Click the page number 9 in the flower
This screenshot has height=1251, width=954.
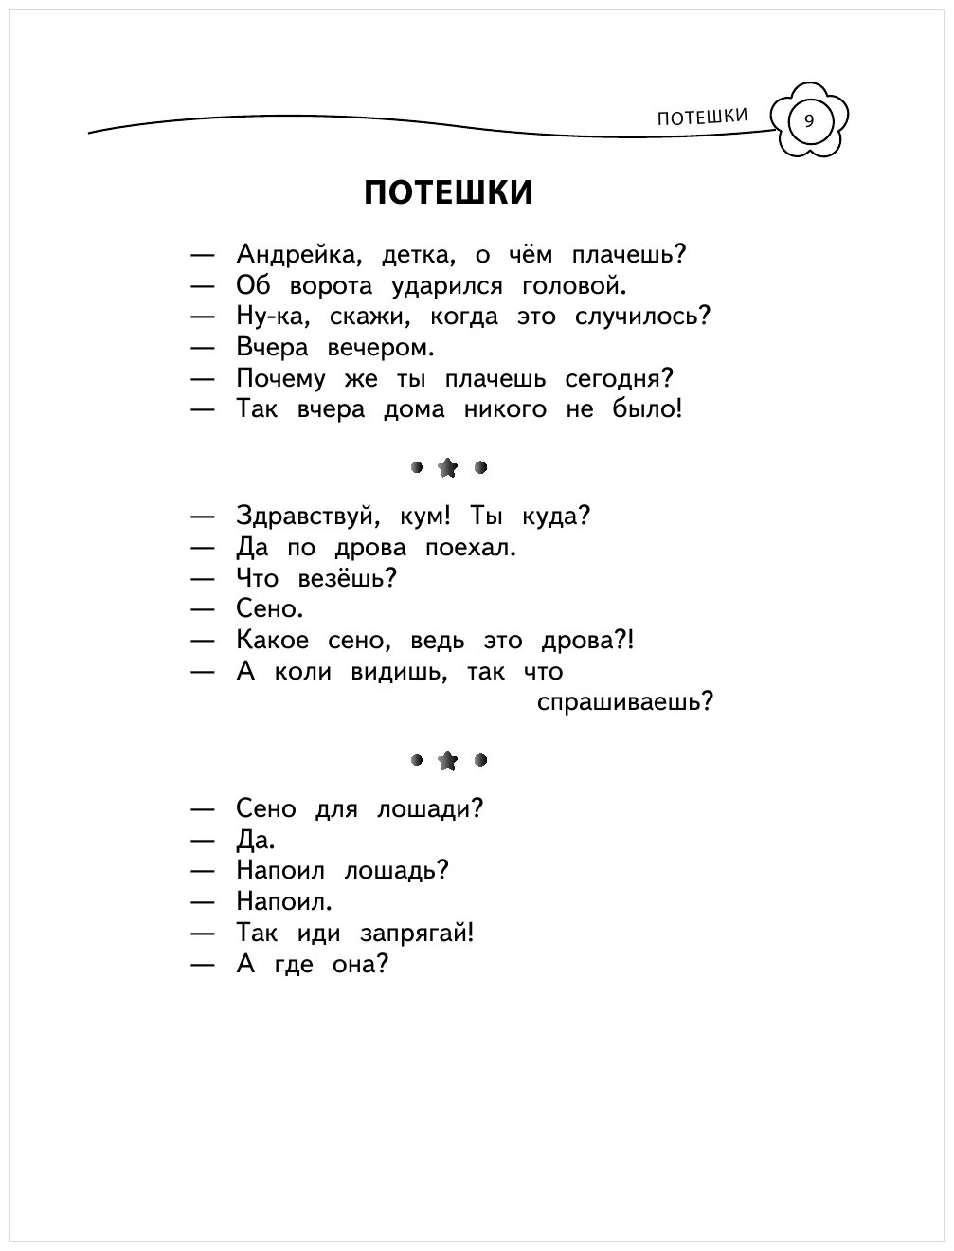(808, 121)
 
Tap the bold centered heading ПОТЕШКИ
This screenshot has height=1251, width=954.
(448, 192)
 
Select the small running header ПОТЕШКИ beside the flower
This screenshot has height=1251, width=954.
(702, 117)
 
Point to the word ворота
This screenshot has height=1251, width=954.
(335, 286)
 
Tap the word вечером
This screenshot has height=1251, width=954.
(380, 348)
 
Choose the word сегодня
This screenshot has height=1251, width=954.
(619, 379)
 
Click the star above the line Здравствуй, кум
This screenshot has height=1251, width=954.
(447, 467)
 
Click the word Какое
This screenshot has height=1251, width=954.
(273, 641)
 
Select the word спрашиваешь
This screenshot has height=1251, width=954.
(623, 703)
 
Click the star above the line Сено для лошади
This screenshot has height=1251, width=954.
(447, 760)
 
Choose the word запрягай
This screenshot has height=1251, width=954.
(415, 934)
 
